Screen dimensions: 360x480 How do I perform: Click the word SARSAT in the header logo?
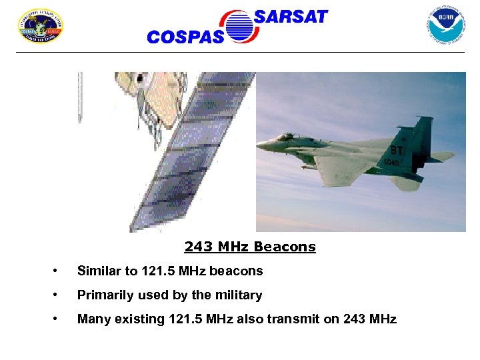click(291, 17)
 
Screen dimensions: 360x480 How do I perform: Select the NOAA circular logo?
click(445, 25)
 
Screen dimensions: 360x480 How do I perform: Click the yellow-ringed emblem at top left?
click(40, 26)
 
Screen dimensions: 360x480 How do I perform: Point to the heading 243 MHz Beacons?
click(250, 247)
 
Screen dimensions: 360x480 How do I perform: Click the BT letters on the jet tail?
click(397, 151)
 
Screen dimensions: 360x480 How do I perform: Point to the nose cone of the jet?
click(261, 145)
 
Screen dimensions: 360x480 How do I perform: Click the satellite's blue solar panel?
click(193, 153)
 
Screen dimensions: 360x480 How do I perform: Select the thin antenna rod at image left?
click(80, 97)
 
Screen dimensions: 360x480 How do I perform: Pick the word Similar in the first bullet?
click(98, 271)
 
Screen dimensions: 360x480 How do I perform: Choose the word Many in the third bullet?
click(91, 319)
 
